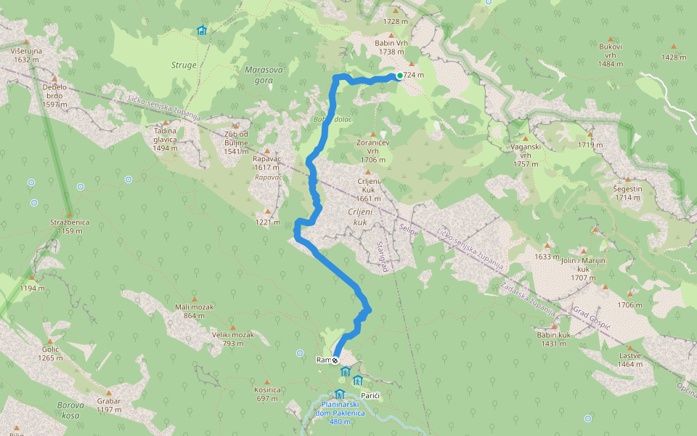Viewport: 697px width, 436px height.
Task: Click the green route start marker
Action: [x=400, y=76]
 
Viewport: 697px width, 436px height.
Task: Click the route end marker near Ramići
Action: [x=335, y=360]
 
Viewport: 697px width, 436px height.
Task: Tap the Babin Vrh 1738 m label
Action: [x=391, y=47]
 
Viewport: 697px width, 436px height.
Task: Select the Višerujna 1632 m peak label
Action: [x=26, y=55]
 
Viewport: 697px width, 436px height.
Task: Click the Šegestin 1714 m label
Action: [x=628, y=193]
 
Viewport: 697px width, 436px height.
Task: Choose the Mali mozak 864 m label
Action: [x=194, y=310]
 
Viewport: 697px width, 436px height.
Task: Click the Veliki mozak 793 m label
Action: [x=232, y=339]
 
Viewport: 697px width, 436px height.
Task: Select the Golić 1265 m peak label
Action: [x=50, y=353]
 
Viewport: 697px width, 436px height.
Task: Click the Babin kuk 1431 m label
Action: [x=554, y=338]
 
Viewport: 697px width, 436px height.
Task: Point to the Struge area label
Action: [x=184, y=65]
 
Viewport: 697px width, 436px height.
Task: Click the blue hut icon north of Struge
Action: [x=201, y=31]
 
